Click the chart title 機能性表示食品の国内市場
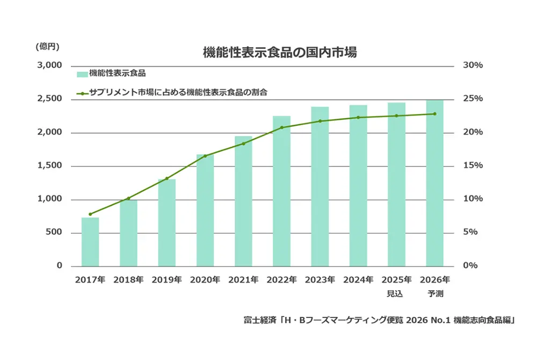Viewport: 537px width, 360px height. point(280,53)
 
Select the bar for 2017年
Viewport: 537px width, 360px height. point(90,242)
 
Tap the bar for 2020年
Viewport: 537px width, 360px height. point(205,211)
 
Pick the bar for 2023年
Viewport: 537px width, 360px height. point(320,186)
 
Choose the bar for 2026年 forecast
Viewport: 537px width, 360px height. point(434,183)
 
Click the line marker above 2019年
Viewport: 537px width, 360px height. point(167,178)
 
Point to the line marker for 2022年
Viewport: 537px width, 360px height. point(282,127)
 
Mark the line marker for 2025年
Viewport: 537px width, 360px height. point(396,116)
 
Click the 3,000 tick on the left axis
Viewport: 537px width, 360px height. point(50,66)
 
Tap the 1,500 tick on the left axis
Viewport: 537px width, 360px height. point(50,166)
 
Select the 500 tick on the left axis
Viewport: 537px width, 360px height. point(54,233)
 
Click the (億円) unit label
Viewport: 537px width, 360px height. point(47,46)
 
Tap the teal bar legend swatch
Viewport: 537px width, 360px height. point(82,74)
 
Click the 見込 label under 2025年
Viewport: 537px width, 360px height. point(396,293)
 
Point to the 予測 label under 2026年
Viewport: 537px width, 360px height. point(434,293)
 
